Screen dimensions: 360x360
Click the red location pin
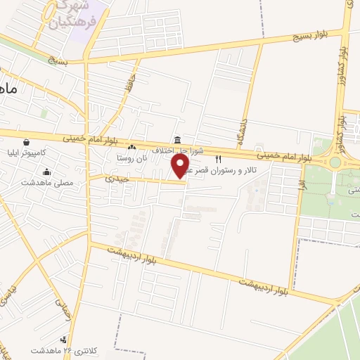(x=181, y=166)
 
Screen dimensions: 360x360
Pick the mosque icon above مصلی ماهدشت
(x=47, y=172)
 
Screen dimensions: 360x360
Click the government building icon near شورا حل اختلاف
(x=176, y=139)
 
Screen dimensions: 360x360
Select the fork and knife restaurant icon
(x=218, y=158)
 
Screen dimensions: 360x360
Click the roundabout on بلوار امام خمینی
(x=335, y=162)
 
